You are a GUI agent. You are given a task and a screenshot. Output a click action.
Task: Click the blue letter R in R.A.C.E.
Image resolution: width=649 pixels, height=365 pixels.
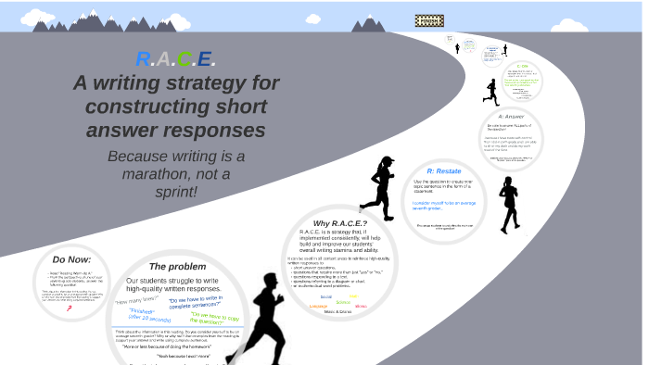(x=144, y=60)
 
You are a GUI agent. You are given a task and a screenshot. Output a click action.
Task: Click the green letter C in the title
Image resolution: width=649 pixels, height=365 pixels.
(x=184, y=60)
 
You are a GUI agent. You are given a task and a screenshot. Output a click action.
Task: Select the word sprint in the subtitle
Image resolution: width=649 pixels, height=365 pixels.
(x=176, y=192)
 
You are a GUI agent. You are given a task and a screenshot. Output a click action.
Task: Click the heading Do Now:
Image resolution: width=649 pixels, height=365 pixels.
(x=72, y=259)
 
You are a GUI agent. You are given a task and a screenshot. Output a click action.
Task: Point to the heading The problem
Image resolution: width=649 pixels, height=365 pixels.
(x=177, y=267)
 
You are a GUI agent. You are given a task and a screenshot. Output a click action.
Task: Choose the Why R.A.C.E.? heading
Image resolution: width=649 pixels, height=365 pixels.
(x=340, y=223)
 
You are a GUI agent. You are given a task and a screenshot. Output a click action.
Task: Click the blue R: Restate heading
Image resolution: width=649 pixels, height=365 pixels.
(x=443, y=171)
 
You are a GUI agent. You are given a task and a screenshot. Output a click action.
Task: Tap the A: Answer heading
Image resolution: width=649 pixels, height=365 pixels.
(x=511, y=117)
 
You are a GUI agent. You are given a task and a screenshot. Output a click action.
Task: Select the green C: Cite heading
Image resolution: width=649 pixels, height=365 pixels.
(x=523, y=66)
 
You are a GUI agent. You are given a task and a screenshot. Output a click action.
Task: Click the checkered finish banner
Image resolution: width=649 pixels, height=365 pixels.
(x=429, y=20)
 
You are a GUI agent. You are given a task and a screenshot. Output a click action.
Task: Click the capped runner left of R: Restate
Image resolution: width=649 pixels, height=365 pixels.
(x=379, y=188)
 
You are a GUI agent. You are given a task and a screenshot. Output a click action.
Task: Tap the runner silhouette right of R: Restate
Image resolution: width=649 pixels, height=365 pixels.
(x=508, y=204)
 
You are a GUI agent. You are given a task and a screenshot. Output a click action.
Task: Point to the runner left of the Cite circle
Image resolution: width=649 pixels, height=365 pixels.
(x=490, y=92)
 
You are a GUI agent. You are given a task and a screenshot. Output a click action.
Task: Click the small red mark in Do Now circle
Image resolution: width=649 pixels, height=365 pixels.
(x=70, y=308)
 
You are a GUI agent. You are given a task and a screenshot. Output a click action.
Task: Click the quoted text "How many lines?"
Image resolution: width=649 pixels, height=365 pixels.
(x=136, y=300)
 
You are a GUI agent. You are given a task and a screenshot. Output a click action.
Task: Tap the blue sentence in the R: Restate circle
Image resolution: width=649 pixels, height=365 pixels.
(x=443, y=205)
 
